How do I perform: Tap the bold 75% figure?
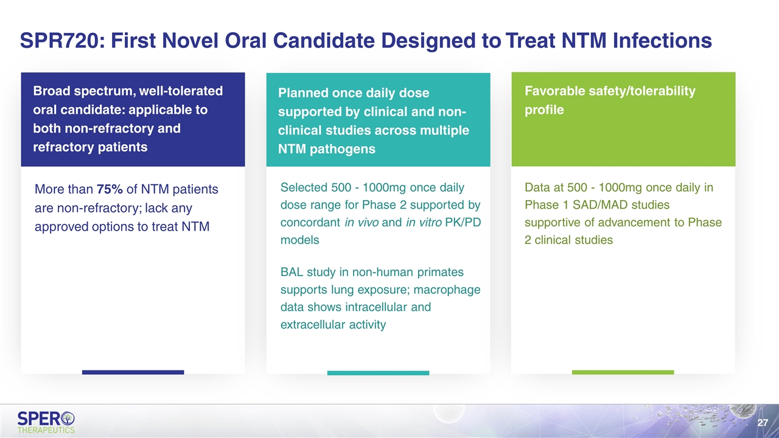[110, 189]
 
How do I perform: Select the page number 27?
[763, 422]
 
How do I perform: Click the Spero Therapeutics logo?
[46, 422]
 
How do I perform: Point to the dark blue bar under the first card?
[133, 372]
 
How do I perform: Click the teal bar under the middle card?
[378, 373]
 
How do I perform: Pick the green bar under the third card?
[623, 372]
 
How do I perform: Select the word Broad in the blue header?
[51, 91]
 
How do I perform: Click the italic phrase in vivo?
[362, 222]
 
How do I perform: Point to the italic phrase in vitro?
[424, 222]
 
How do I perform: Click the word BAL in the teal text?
[292, 272]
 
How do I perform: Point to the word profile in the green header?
[544, 110]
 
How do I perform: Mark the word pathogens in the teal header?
[342, 149]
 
